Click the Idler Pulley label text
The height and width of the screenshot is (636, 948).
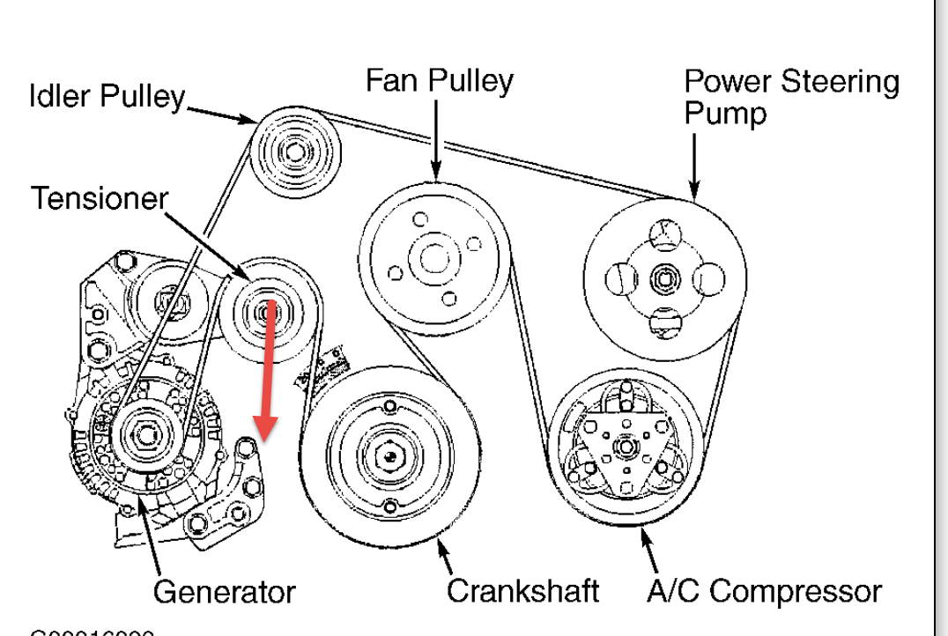pyautogui.click(x=104, y=95)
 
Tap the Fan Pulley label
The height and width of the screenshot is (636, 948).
pyautogui.click(x=439, y=82)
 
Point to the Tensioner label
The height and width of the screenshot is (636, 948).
pyautogui.click(x=99, y=200)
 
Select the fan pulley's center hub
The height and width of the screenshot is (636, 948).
pyautogui.click(x=434, y=259)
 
